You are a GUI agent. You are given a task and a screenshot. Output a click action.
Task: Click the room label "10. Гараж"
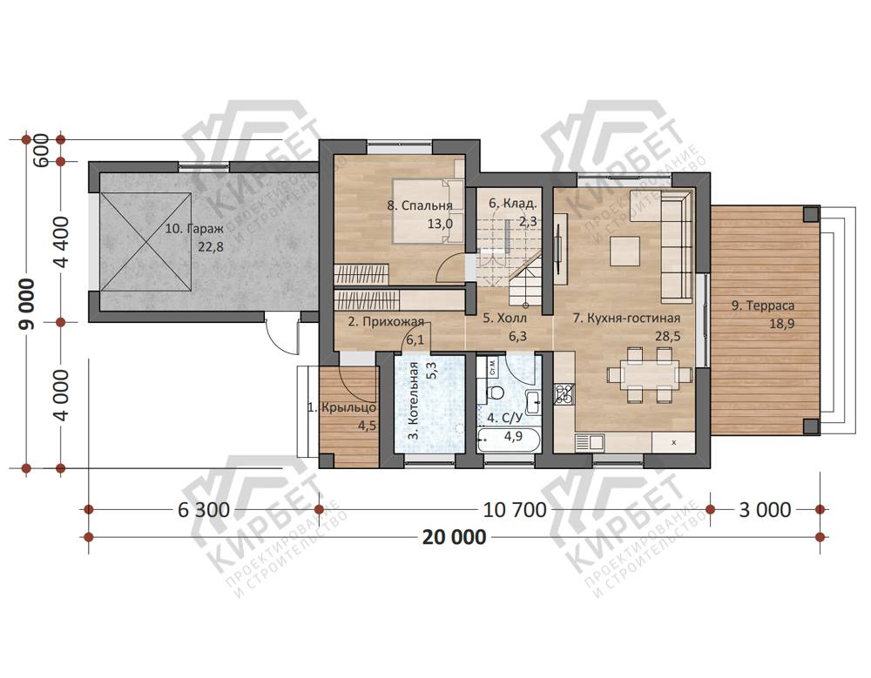pyautogui.click(x=194, y=229)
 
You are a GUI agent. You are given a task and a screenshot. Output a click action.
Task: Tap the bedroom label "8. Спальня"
pyautogui.click(x=420, y=205)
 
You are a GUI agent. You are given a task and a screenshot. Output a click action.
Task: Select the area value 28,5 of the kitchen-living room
pyautogui.click(x=668, y=336)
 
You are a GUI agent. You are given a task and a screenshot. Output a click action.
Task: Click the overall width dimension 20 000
pyautogui.click(x=454, y=537)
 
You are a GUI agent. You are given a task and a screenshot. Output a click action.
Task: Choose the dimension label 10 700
pyautogui.click(x=515, y=509)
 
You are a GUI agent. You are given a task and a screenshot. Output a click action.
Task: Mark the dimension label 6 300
pyautogui.click(x=204, y=509)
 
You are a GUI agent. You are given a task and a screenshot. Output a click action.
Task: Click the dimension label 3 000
pyautogui.click(x=765, y=509)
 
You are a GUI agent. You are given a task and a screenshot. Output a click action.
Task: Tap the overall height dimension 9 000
pyautogui.click(x=27, y=304)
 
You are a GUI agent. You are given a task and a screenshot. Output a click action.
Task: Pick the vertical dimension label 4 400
pyautogui.click(x=61, y=242)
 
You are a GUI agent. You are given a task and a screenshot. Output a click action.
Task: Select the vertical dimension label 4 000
pyautogui.click(x=61, y=395)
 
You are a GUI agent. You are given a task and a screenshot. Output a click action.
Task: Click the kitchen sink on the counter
pyautogui.click(x=590, y=442)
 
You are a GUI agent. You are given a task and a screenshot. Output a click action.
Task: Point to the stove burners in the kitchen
pyautogui.click(x=565, y=393)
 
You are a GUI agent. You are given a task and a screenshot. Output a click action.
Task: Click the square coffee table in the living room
pyautogui.click(x=625, y=251)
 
